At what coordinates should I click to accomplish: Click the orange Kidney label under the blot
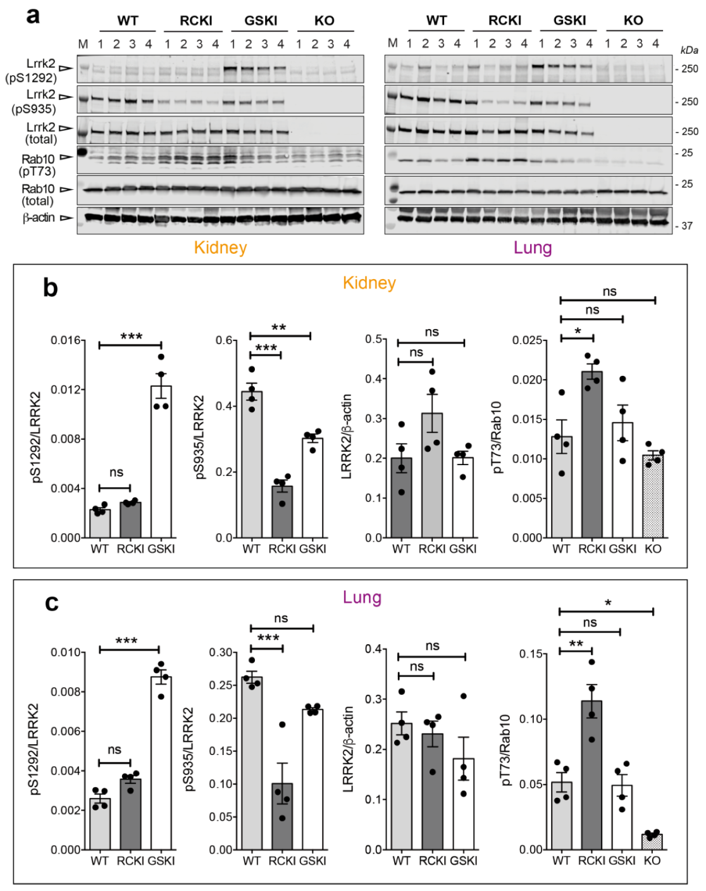(x=220, y=247)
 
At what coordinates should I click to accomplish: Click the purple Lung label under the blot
(x=533, y=247)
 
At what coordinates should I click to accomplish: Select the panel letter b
(x=50, y=288)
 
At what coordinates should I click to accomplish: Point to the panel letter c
(x=51, y=602)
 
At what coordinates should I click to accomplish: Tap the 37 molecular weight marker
(x=687, y=226)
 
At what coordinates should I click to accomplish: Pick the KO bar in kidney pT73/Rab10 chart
(x=653, y=496)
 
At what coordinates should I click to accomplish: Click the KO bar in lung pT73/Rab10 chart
(x=652, y=842)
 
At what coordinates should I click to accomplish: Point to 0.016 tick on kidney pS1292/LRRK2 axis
(x=66, y=340)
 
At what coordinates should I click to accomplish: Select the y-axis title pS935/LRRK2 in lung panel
(x=189, y=749)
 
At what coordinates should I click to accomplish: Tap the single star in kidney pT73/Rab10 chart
(x=578, y=332)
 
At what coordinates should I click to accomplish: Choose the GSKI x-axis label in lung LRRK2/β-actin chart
(x=464, y=861)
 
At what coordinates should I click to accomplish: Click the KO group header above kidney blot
(x=324, y=20)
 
